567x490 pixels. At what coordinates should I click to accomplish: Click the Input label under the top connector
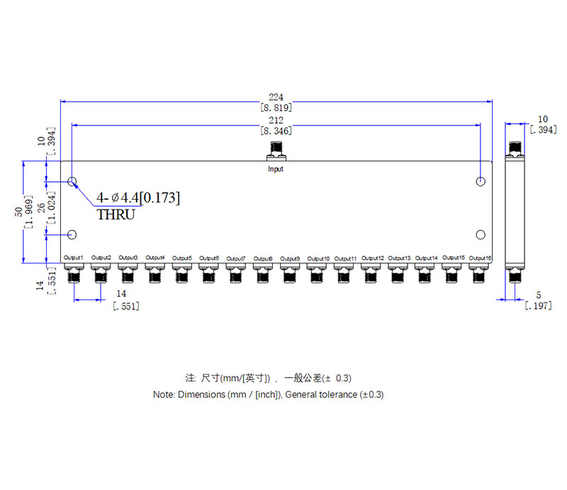pos(276,169)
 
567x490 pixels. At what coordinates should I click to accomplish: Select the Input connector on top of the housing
pos(276,150)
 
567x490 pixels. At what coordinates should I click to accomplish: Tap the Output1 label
pos(74,258)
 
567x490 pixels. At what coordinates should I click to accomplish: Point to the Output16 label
pos(480,258)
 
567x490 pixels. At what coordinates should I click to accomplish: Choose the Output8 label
pos(263,258)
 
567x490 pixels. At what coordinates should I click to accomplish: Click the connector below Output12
pos(371,273)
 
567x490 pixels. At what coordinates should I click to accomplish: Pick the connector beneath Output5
pos(182,273)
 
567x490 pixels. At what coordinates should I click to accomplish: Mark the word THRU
pos(116,215)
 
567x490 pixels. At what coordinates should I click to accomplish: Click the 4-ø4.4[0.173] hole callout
pos(138,198)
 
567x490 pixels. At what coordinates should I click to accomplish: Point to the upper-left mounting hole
pos(72,182)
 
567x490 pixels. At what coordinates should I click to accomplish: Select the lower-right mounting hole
pos(481,235)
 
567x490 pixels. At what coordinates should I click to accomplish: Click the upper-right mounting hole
pos(481,182)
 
